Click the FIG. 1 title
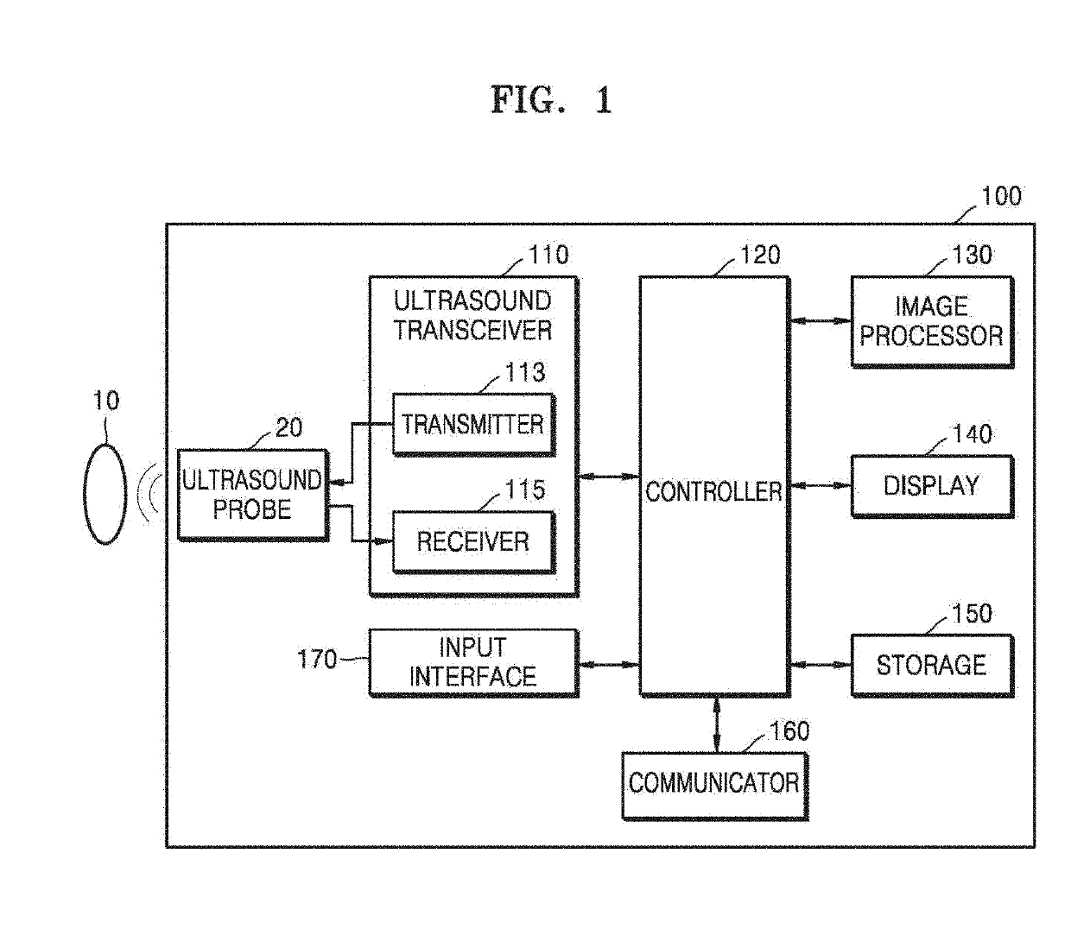point(551,99)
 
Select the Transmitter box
point(473,424)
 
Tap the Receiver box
point(473,542)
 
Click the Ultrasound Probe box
point(253,495)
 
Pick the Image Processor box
point(932,321)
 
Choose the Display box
point(932,485)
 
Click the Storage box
point(932,666)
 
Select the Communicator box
point(714,785)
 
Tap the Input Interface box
point(473,662)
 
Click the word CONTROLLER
point(713,491)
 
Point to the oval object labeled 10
point(105,494)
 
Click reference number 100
point(1001,197)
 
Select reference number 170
point(317,659)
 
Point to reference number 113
point(525,372)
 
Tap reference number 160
point(789,731)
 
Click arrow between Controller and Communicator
point(716,724)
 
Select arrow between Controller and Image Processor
point(821,320)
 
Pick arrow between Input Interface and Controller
point(609,665)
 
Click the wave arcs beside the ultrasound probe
point(149,494)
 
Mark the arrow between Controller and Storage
point(821,665)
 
